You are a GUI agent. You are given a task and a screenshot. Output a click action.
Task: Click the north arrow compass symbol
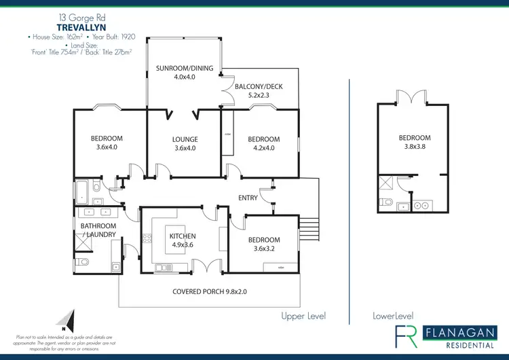[x=66, y=318]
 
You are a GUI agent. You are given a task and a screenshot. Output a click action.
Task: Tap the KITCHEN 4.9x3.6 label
[x=182, y=240]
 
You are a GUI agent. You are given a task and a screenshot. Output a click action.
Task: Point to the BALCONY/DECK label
[x=259, y=92]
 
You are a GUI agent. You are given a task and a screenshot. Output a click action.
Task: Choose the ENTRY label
[x=248, y=198]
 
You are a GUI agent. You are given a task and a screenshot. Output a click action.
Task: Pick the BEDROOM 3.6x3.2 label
[x=264, y=244]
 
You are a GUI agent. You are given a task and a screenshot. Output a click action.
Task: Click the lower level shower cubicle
[x=387, y=181]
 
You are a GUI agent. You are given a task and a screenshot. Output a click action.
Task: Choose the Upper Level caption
[x=303, y=317]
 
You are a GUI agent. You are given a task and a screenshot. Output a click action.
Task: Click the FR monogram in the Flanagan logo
[x=407, y=336]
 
